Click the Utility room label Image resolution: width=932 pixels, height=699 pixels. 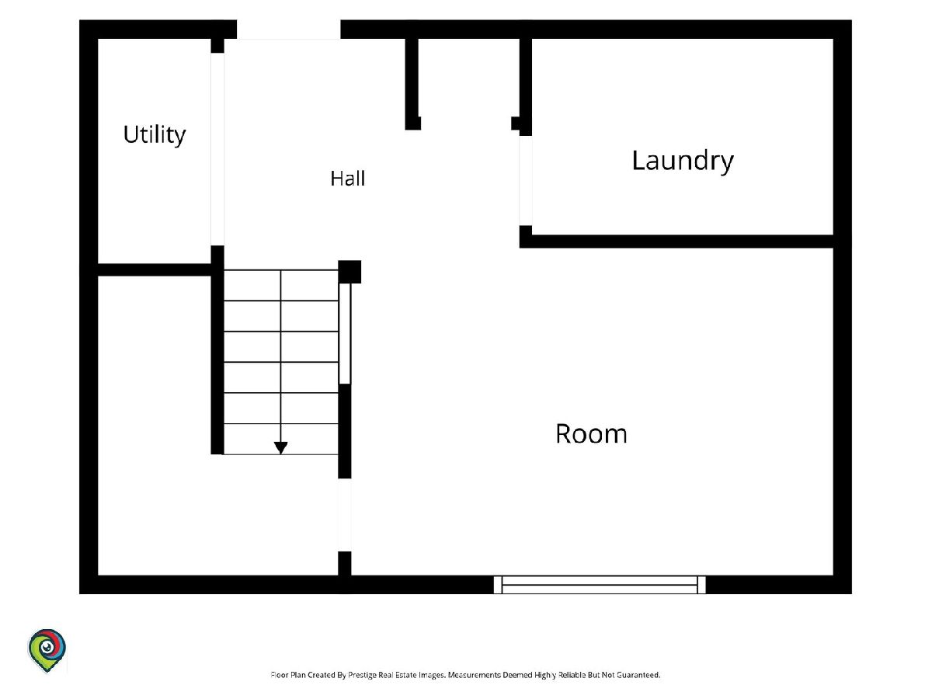point(155,135)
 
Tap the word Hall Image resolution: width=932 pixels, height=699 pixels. point(348,179)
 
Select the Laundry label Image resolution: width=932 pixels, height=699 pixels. point(683,162)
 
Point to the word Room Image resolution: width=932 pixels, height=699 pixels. point(592,433)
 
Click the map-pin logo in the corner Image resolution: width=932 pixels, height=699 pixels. point(47,651)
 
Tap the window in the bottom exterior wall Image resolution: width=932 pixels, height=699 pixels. point(600,585)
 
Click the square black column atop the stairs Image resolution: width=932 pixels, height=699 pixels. point(349,272)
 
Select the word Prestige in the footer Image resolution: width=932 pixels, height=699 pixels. point(361,675)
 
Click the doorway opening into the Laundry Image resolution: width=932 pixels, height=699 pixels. point(526,181)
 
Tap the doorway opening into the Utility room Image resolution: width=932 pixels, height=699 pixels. point(217,149)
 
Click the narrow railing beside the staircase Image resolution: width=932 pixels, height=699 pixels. point(345,334)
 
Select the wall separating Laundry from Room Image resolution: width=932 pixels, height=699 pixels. point(676,241)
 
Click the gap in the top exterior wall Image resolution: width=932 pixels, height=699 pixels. point(289,30)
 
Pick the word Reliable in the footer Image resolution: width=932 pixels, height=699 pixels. point(572,675)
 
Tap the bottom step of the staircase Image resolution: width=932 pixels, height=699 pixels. point(280,439)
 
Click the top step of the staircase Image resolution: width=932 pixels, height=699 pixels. point(280,285)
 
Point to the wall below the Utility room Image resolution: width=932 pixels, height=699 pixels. point(155,270)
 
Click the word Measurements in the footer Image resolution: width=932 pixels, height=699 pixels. point(475,675)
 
